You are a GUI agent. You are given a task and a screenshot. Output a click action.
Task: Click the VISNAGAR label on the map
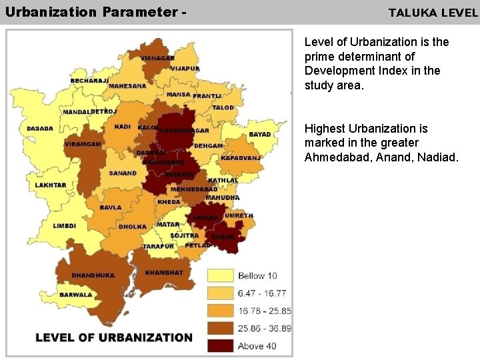click(x=158, y=58)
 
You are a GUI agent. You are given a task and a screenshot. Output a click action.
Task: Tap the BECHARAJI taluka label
click(x=89, y=81)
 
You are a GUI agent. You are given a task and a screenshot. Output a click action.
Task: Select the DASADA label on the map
click(x=40, y=129)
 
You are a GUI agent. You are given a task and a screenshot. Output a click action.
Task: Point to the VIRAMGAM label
click(x=83, y=144)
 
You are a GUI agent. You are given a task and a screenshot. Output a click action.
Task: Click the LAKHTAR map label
click(x=51, y=185)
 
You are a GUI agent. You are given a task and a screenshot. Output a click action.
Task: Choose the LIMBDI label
click(x=65, y=226)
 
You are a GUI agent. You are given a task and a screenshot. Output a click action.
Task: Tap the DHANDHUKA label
click(x=93, y=275)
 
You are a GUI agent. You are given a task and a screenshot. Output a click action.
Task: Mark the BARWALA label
click(x=75, y=295)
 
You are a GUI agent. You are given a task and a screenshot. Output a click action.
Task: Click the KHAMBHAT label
click(x=164, y=273)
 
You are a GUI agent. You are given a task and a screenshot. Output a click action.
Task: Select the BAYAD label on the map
click(x=260, y=134)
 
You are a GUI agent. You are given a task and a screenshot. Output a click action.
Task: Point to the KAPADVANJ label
click(x=241, y=158)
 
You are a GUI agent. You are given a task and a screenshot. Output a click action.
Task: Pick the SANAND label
click(x=123, y=173)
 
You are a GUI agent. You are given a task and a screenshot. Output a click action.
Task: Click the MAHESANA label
click(x=127, y=86)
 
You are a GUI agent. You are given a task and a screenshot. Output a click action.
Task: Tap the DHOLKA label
click(x=133, y=227)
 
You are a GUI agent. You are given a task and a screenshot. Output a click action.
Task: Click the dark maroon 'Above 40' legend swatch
click(x=220, y=345)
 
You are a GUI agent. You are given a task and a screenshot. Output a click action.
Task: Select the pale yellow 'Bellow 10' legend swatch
click(x=220, y=275)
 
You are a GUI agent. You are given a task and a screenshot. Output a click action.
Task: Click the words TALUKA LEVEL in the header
click(x=433, y=13)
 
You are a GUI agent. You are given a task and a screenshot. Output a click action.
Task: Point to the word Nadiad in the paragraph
click(x=439, y=157)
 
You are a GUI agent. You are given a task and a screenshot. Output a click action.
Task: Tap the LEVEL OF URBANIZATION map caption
click(x=114, y=337)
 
